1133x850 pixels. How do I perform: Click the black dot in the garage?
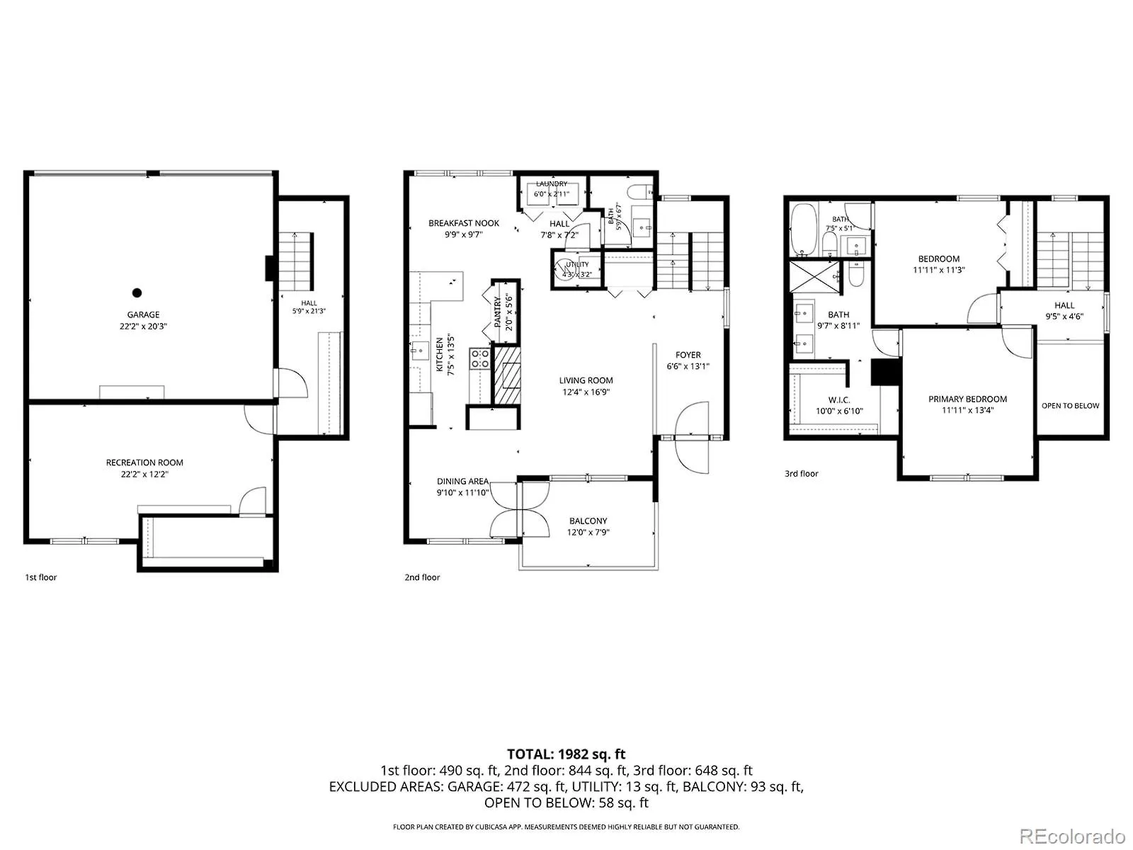[137, 293]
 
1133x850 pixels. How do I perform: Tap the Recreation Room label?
[144, 463]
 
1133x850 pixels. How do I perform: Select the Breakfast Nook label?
[464, 223]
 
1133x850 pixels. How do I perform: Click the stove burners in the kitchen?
[479, 358]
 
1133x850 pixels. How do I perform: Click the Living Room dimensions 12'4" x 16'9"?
[586, 392]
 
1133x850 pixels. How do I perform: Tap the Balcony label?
[588, 521]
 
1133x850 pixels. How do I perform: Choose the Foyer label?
[688, 355]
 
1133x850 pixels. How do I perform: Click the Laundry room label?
[551, 183]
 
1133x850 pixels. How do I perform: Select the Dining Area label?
[462, 482]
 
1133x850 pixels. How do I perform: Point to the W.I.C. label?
[839, 400]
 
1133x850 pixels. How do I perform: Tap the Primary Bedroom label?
[967, 399]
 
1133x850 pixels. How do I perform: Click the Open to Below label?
[1070, 406]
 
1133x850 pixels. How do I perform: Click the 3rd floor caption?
[801, 474]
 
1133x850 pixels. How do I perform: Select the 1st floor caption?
[41, 577]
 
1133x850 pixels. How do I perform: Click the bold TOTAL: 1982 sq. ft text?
[566, 754]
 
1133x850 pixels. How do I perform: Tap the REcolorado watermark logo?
[1073, 836]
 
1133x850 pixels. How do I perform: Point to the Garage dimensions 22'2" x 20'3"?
[143, 326]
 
